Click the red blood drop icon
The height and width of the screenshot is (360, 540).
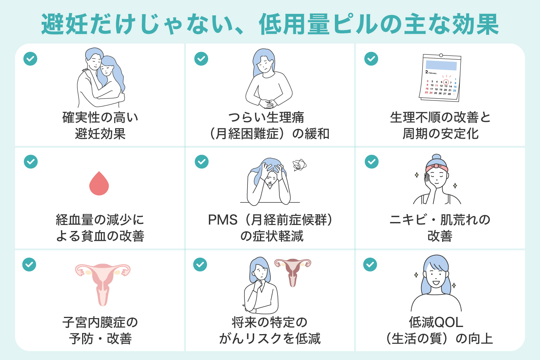[99, 184]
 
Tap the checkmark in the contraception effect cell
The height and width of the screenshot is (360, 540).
[30, 58]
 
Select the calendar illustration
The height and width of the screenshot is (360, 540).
[440, 78]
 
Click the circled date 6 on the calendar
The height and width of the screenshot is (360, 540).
[445, 82]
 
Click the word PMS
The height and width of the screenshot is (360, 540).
[222, 220]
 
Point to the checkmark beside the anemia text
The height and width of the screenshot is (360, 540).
[30, 162]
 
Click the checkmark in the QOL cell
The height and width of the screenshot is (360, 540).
[370, 264]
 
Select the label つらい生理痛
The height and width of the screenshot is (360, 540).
[266, 117]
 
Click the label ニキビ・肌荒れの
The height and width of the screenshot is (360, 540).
[439, 220]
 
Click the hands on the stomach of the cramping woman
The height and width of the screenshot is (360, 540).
[268, 102]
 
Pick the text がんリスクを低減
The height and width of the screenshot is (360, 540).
[270, 339]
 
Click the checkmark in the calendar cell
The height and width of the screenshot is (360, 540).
[371, 58]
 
